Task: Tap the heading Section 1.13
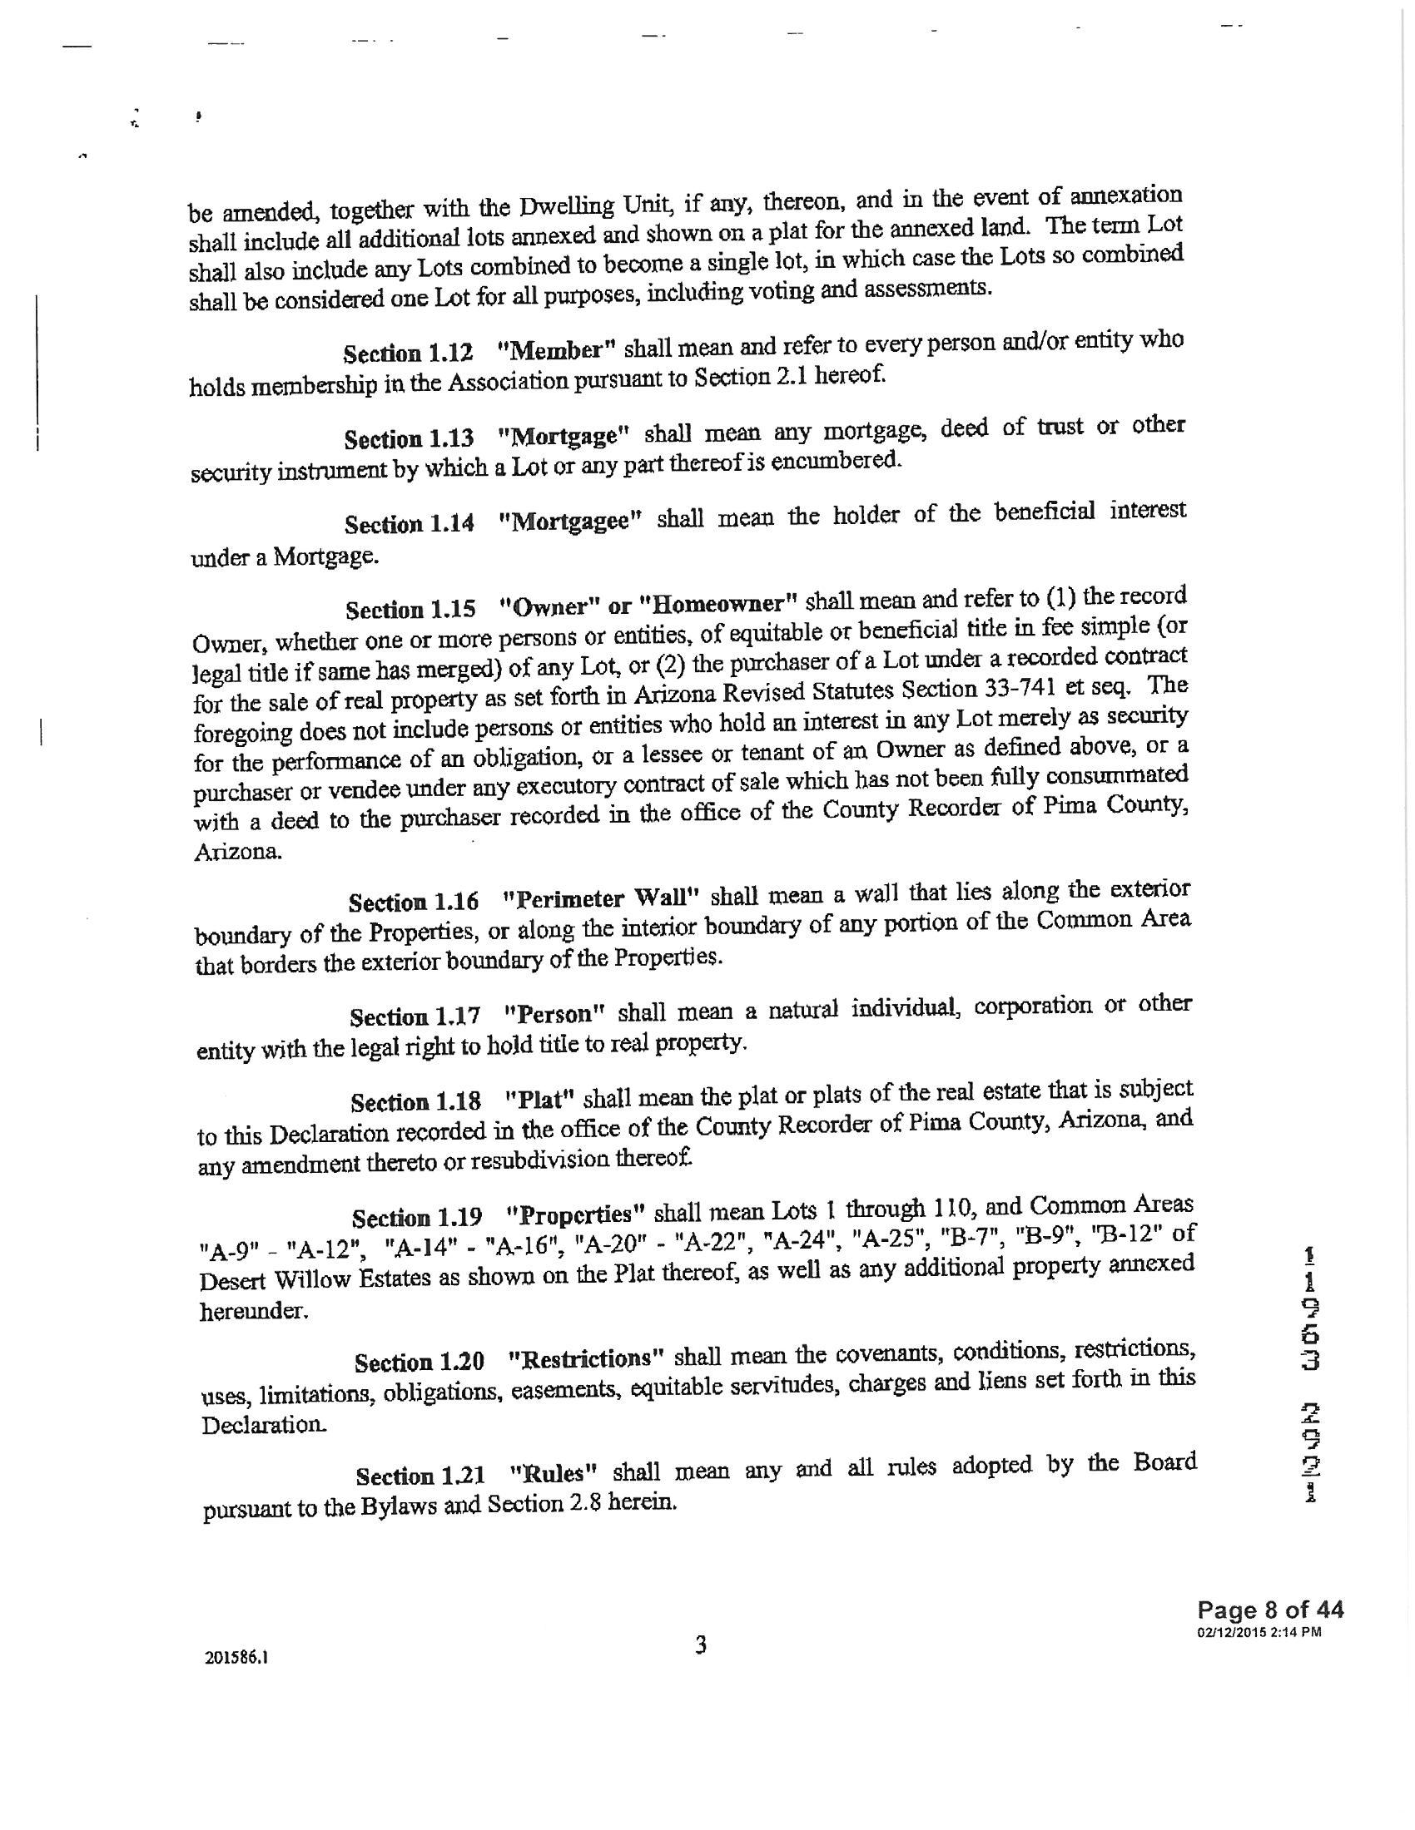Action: [408, 438]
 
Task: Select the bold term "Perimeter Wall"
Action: [600, 899]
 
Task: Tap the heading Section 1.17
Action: [415, 1016]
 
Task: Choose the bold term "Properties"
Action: [575, 1214]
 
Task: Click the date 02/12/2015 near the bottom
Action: [1234, 1631]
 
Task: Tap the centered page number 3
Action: [700, 1645]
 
